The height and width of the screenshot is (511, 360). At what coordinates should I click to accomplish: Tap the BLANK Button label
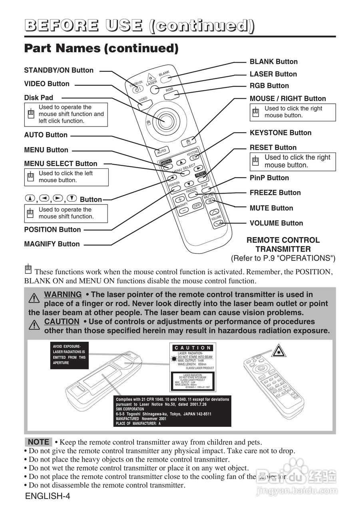273,61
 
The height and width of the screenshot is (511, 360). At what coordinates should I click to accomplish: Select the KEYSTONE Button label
280,133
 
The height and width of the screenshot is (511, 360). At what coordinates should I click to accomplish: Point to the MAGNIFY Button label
52,244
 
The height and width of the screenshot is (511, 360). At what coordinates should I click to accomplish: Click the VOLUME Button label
276,223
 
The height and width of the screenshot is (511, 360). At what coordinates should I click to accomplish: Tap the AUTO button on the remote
161,151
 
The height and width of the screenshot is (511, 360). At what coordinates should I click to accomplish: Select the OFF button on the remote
196,206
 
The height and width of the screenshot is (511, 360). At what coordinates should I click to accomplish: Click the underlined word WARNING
63,295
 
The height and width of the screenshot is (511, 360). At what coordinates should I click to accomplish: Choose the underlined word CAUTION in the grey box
62,321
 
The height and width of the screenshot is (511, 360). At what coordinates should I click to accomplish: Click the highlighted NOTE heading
38,442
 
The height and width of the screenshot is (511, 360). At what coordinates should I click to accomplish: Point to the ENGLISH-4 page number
48,497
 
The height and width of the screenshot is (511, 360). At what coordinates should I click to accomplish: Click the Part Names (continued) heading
101,48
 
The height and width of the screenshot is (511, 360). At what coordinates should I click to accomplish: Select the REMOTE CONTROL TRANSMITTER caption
283,245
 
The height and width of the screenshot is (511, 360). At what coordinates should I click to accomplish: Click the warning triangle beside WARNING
34,298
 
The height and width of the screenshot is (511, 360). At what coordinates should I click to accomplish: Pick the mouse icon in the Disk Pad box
31,114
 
